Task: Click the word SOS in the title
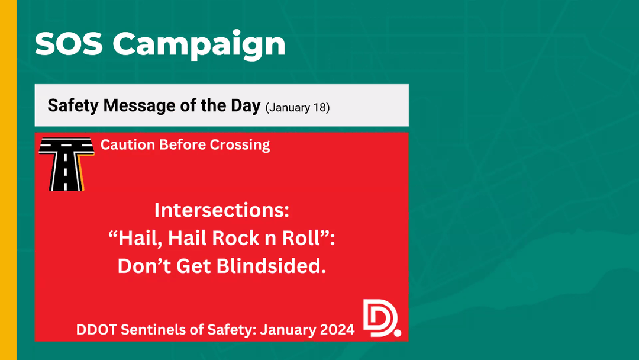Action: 69,43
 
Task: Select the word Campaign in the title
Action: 199,46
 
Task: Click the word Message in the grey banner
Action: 140,106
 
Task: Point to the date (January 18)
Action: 298,108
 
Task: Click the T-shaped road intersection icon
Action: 66,164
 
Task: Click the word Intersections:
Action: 222,210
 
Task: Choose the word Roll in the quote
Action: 301,238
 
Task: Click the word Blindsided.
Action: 271,266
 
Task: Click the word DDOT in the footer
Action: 96,329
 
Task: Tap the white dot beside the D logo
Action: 398,333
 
